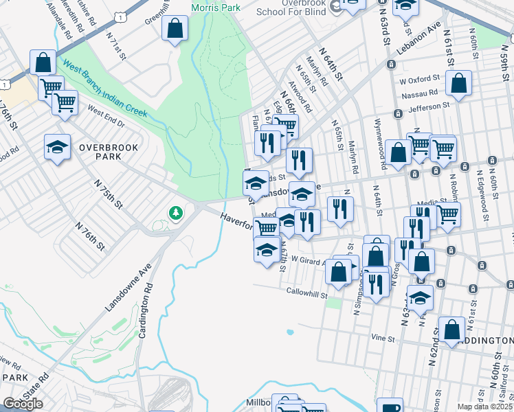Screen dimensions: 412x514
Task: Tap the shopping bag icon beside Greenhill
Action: click(x=175, y=29)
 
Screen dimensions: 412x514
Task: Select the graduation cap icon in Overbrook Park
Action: click(x=58, y=146)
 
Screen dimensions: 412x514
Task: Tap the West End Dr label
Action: click(x=105, y=117)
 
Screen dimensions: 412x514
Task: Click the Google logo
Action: click(x=23, y=404)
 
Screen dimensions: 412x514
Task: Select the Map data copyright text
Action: click(x=485, y=407)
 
